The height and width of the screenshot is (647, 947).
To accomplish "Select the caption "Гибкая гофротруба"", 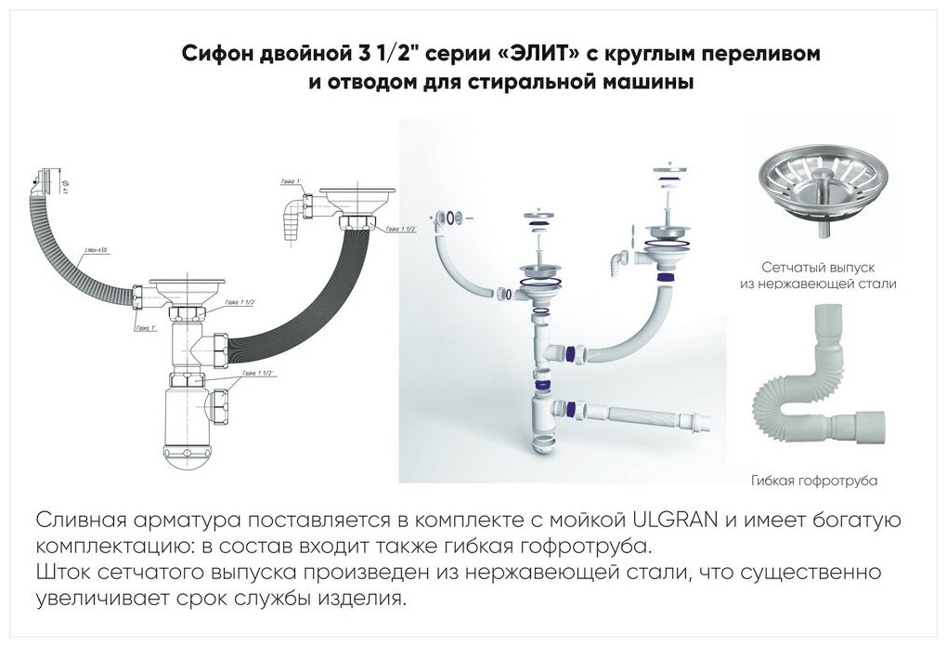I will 813,481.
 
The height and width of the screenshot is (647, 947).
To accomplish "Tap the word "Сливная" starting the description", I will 79,519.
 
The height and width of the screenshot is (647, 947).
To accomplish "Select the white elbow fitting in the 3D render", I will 618,260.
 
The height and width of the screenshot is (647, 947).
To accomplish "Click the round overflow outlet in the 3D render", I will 450,218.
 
